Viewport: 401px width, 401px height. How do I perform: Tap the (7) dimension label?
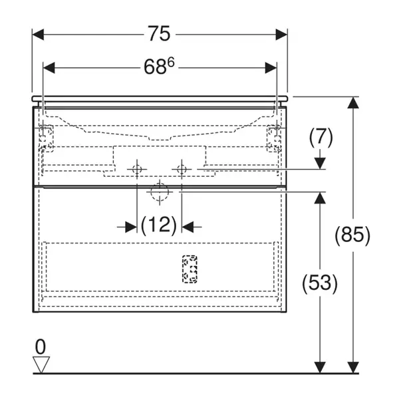click(321, 138)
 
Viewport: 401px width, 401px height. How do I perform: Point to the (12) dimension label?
click(159, 226)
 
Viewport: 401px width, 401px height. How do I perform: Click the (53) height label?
click(321, 283)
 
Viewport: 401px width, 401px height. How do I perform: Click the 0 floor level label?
click(41, 346)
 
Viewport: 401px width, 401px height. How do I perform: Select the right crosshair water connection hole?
click(180, 170)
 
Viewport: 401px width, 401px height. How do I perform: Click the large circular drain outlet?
click(159, 192)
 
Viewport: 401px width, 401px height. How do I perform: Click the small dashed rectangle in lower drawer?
click(190, 269)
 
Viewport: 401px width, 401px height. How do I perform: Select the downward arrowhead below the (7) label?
click(321, 164)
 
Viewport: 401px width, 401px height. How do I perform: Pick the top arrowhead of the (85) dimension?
click(352, 102)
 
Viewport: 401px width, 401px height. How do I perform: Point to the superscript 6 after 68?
click(172, 62)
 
